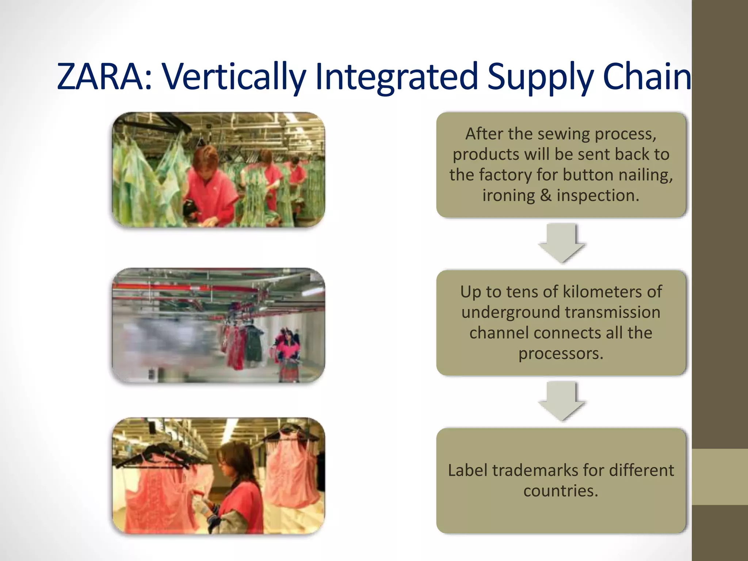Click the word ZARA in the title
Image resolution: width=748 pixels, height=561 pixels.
(x=100, y=77)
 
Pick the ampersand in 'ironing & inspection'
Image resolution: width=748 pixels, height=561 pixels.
(x=546, y=195)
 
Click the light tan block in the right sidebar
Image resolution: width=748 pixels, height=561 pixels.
(x=720, y=477)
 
